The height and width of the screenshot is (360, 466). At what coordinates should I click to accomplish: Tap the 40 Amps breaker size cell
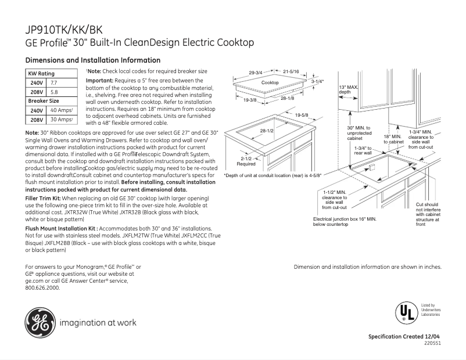pos(62,110)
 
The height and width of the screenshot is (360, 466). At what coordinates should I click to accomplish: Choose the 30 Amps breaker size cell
pos(62,120)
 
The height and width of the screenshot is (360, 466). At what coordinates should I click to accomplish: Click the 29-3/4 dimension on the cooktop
pos(256,73)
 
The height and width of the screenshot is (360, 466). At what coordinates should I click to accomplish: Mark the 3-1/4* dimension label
pos(317,82)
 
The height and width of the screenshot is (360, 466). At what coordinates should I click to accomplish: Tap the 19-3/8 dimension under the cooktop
pos(250,100)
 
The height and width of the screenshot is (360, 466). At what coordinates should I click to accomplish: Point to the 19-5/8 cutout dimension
pos(301,116)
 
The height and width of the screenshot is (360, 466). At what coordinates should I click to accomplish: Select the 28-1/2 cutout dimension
pos(267,131)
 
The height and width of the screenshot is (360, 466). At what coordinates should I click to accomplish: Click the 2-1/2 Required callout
pos(245,161)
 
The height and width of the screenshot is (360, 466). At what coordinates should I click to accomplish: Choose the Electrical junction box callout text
pos(345,221)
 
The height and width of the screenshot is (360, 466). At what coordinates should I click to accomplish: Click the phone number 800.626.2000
pos(42,288)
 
